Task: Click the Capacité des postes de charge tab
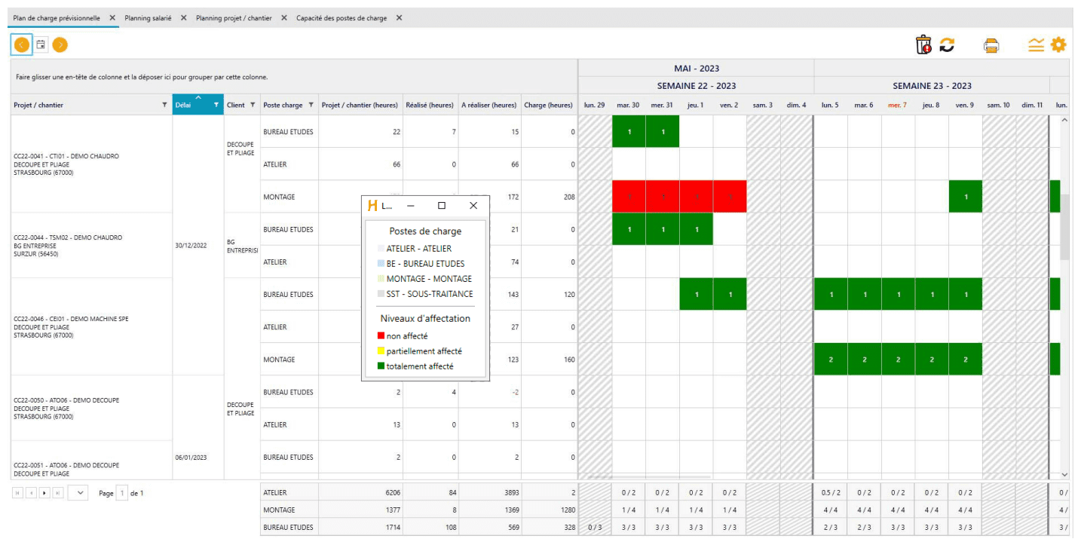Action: click(341, 18)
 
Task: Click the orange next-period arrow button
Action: click(60, 45)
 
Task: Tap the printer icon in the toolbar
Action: click(991, 45)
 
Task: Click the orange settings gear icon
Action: click(1058, 45)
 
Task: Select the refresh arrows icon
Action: click(947, 45)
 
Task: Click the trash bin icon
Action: click(923, 45)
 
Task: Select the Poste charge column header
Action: click(283, 106)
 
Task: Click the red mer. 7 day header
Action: click(897, 106)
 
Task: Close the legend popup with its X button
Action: click(473, 206)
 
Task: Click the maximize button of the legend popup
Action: click(442, 206)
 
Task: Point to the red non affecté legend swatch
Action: click(381, 336)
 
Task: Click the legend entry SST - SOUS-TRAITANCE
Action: click(429, 294)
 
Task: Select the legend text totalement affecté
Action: click(421, 366)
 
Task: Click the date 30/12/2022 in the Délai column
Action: click(191, 246)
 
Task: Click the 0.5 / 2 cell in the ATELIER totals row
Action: click(830, 493)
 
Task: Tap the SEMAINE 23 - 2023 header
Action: click(932, 86)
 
